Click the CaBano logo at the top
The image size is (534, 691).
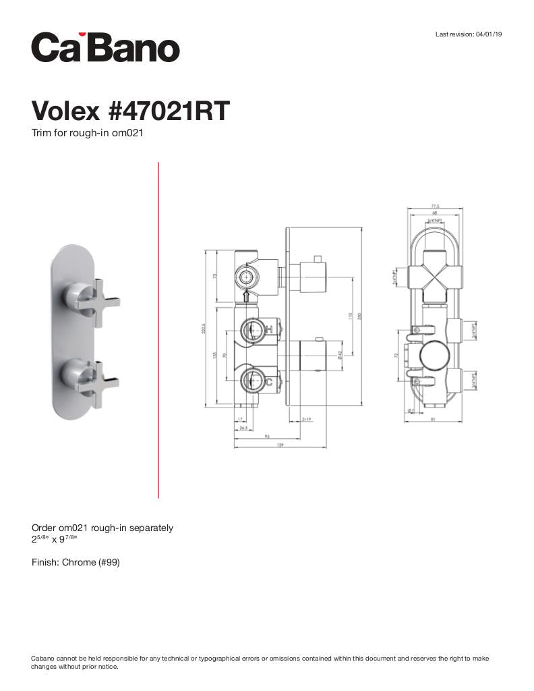(105, 48)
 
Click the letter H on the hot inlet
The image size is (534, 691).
(269, 329)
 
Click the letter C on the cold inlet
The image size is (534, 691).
(269, 381)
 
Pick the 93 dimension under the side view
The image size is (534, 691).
(267, 437)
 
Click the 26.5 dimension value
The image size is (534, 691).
(243, 427)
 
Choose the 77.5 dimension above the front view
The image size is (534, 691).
(435, 206)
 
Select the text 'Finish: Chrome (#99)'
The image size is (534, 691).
(76, 562)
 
